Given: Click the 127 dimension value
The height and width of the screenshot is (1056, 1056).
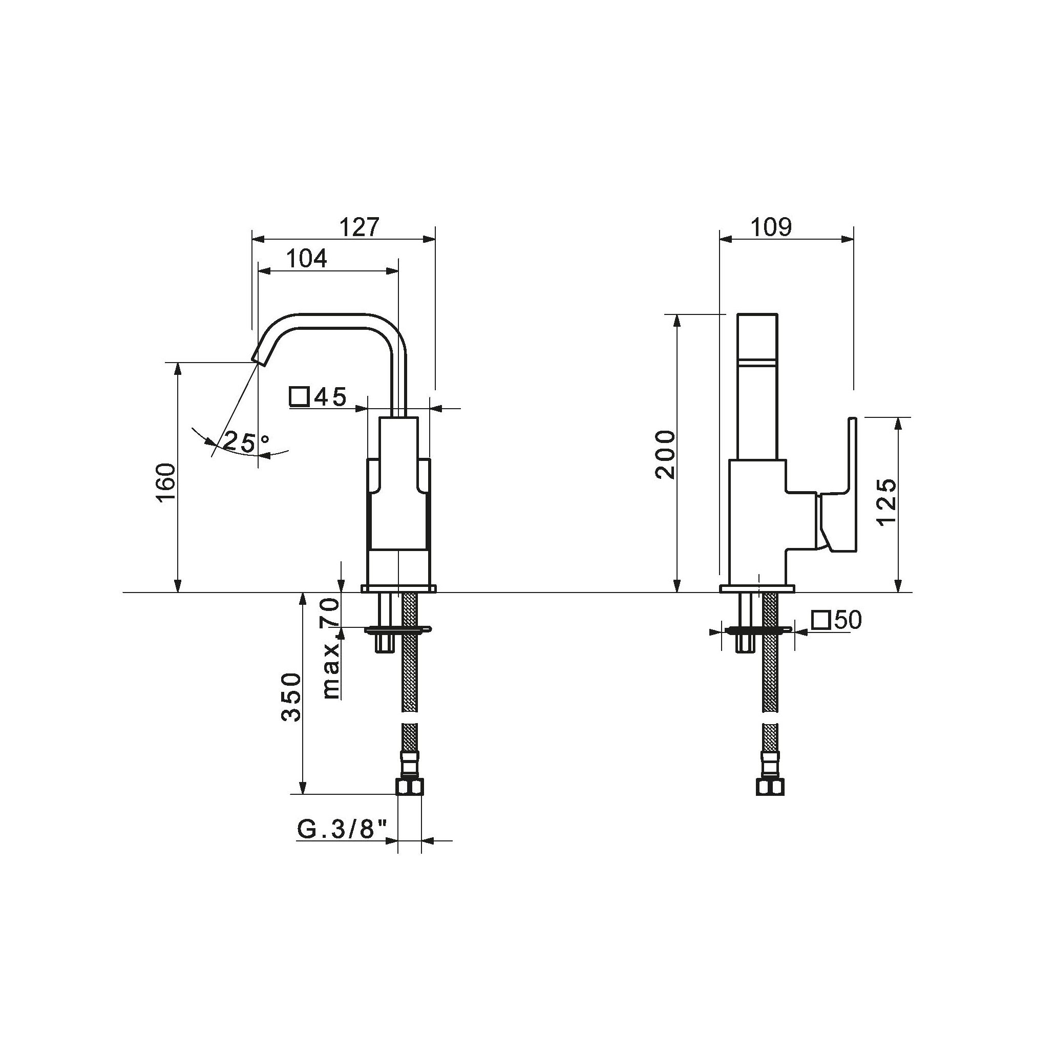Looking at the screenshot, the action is click(x=359, y=227).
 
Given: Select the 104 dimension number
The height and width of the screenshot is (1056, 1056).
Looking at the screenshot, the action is click(x=307, y=259).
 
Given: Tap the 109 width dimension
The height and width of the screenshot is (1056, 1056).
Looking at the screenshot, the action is click(x=771, y=227).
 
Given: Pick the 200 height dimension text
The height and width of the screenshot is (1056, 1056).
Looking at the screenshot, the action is click(x=666, y=454).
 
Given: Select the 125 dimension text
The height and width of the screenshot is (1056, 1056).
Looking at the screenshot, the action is click(x=886, y=501).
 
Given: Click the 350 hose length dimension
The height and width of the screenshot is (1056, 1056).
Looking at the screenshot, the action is click(x=291, y=697).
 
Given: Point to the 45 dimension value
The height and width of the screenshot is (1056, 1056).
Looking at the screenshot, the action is click(x=331, y=397).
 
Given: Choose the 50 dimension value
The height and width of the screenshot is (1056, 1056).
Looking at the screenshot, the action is click(x=848, y=620).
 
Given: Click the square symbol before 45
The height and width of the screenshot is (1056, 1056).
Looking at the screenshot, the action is click(x=300, y=397).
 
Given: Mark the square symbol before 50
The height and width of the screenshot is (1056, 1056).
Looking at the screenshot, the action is click(x=821, y=620).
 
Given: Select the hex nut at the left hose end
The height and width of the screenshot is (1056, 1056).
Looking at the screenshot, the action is click(x=410, y=787).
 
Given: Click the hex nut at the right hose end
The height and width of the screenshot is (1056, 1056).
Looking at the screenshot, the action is click(x=770, y=787).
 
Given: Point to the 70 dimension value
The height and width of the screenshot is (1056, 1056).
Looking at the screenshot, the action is click(x=331, y=611).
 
